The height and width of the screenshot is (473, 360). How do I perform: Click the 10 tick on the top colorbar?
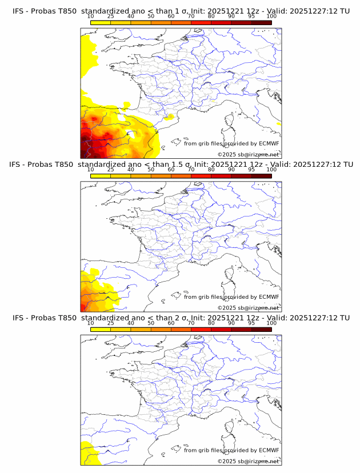[90, 17]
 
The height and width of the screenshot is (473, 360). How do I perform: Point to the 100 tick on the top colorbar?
[271, 17]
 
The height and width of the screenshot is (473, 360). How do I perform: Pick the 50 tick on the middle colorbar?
[151, 170]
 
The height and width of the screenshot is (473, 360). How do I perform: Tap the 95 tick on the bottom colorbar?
[251, 323]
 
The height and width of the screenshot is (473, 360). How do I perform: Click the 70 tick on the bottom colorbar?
[191, 323]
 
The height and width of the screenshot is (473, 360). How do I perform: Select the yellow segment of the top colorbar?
[100, 22]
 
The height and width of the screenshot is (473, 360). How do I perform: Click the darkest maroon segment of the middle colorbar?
[261, 175]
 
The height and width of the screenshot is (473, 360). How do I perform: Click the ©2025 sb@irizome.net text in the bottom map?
[248, 461]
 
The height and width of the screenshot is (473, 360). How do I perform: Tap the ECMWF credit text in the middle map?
[231, 297]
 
